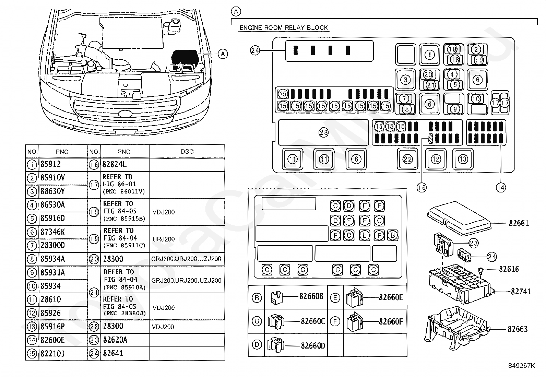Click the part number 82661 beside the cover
tap(519, 223)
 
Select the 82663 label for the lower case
tap(518, 329)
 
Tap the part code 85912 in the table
tap(50, 164)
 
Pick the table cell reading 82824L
tap(114, 164)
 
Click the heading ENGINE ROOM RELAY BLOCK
tap(284, 28)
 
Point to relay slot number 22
tap(407, 159)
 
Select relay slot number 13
tap(463, 159)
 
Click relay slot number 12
tap(436, 159)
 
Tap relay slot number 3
tap(405, 80)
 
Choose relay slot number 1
tap(429, 55)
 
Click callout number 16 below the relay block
tap(422, 188)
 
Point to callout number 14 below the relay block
tap(501, 188)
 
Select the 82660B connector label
tap(311, 296)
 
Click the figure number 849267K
tap(522, 366)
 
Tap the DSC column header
tap(187, 151)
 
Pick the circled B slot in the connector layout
tap(393, 235)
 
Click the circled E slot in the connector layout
tap(365, 235)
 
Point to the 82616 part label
tap(509, 269)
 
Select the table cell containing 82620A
tap(115, 340)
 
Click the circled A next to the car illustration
tap(223, 54)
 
